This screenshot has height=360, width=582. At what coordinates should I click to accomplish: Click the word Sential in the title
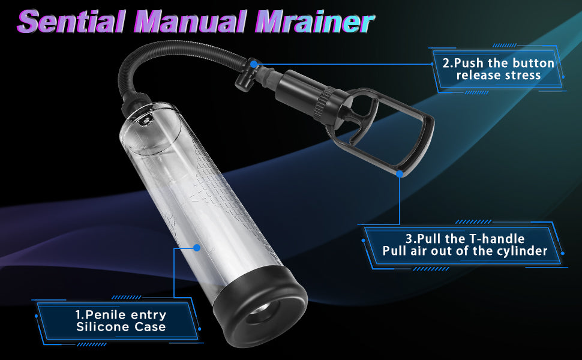click(x=71, y=22)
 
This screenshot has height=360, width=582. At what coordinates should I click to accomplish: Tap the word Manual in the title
click(x=193, y=22)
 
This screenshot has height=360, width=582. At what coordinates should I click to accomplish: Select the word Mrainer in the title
click(x=314, y=22)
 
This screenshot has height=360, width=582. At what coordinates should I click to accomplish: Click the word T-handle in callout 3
click(x=497, y=238)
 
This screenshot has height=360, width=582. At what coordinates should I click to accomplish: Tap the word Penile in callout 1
click(x=104, y=315)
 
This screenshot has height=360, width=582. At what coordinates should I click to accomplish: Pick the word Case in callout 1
click(x=150, y=327)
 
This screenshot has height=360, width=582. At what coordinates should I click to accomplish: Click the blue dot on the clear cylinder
click(x=197, y=248)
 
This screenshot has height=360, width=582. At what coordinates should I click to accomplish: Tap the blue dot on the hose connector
click(x=254, y=64)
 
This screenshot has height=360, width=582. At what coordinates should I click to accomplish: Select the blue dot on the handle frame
click(x=400, y=173)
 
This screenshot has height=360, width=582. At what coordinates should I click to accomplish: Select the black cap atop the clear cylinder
click(x=137, y=103)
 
